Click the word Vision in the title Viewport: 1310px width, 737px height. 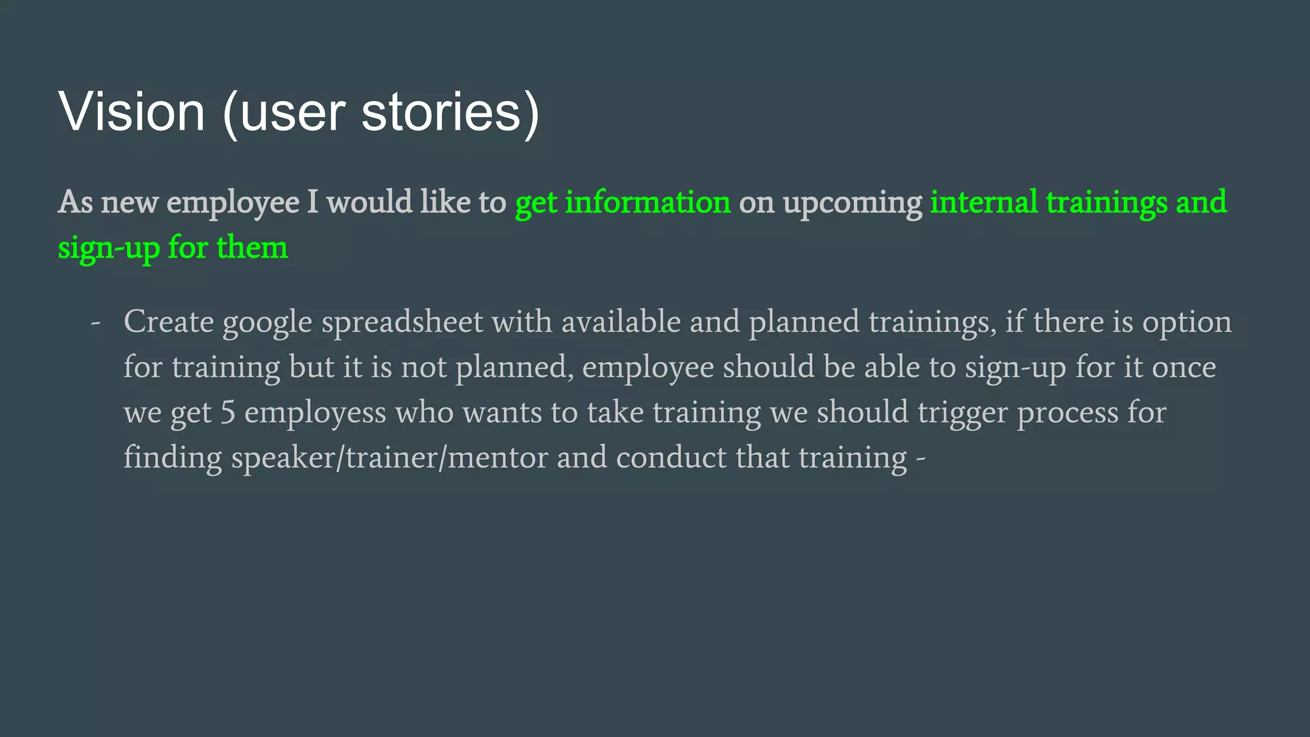pyautogui.click(x=132, y=112)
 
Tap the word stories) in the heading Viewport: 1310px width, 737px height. pyautogui.click(x=450, y=112)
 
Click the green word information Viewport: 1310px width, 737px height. pyautogui.click(x=647, y=202)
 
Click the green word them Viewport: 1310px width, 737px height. pyautogui.click(x=252, y=248)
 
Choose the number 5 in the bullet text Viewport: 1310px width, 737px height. pyautogui.click(x=228, y=413)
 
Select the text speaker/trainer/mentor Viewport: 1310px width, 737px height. pyautogui.click(x=390, y=458)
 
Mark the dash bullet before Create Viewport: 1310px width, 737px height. pyautogui.click(x=95, y=322)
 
